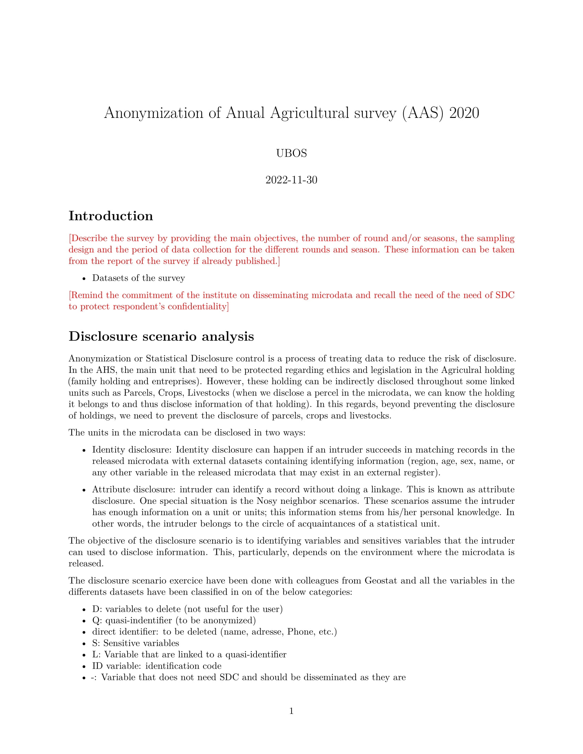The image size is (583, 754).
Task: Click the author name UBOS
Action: click(291, 153)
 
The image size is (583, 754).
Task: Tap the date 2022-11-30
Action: click(291, 180)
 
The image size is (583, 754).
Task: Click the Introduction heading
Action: click(110, 216)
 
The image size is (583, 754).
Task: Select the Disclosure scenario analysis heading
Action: click(161, 336)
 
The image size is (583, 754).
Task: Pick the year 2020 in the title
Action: click(464, 113)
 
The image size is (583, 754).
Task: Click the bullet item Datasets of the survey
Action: click(139, 278)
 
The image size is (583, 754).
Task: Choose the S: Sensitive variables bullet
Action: click(135, 643)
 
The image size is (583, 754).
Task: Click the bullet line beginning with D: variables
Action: click(187, 609)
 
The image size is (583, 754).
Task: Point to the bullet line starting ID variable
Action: click(156, 666)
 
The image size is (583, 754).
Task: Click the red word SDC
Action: click(504, 295)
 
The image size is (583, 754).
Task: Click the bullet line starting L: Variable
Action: click(189, 655)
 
